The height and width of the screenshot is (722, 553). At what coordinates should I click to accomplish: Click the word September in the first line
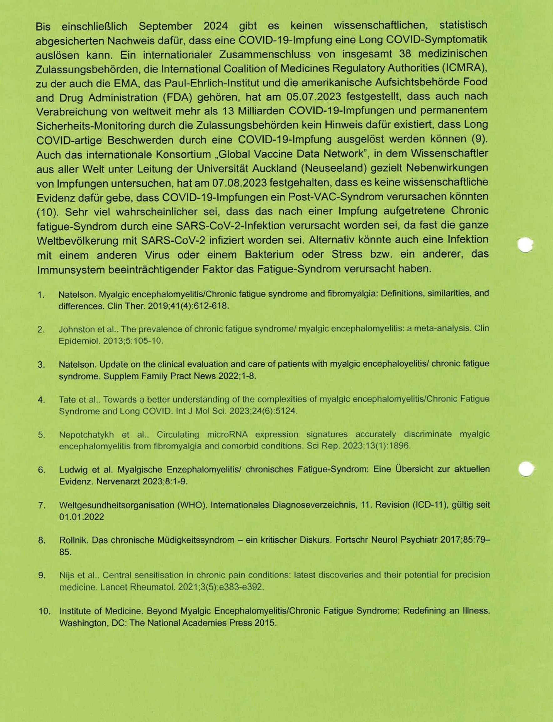click(x=165, y=26)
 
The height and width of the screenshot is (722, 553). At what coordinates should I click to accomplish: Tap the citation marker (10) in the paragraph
click(x=47, y=212)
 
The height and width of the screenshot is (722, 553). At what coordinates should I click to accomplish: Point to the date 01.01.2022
click(x=81, y=517)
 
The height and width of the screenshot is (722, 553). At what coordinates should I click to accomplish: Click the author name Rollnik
click(x=74, y=540)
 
